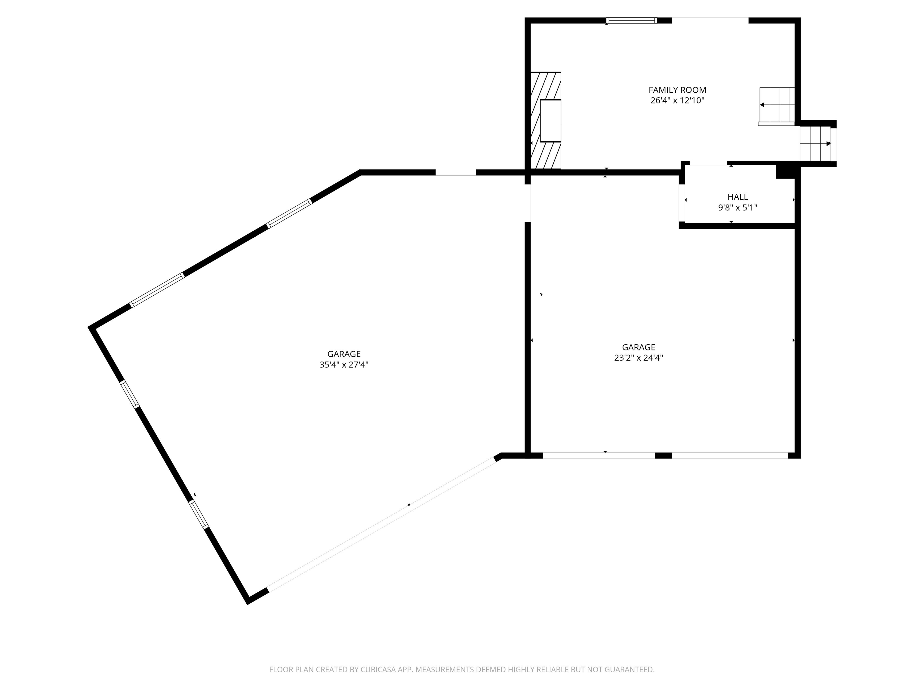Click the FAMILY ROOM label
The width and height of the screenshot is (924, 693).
pyautogui.click(x=677, y=90)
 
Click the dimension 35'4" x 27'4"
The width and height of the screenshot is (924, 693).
pyautogui.click(x=343, y=365)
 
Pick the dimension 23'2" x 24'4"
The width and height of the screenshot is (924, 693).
pyautogui.click(x=638, y=358)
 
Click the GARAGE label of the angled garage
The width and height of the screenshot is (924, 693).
pyautogui.click(x=343, y=354)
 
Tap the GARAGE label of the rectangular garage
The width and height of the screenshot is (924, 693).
pyautogui.click(x=638, y=347)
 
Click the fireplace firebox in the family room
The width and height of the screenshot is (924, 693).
pyautogui.click(x=550, y=121)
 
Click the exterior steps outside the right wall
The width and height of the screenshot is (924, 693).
pyautogui.click(x=815, y=143)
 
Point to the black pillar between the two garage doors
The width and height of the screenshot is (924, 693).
pyautogui.click(x=663, y=455)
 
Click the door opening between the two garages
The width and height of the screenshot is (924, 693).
pyautogui.click(x=528, y=203)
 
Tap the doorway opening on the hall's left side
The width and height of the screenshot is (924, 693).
pyautogui.click(x=682, y=203)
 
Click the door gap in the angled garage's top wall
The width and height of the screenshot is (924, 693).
pyautogui.click(x=455, y=173)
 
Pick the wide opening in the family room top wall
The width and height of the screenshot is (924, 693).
pyautogui.click(x=710, y=20)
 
